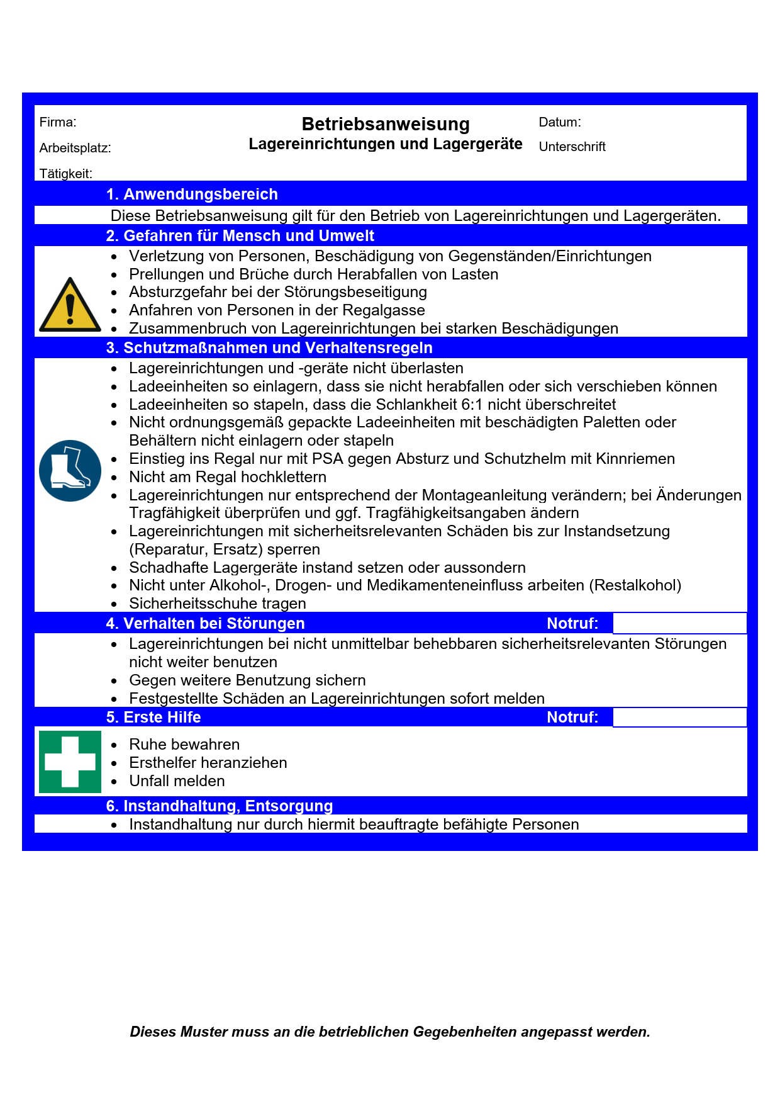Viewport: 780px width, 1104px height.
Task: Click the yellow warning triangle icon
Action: click(x=70, y=306)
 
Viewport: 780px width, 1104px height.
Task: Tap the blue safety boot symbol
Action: click(x=70, y=470)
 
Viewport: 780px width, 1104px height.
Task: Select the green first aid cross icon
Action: click(x=70, y=762)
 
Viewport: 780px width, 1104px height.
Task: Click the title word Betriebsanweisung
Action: click(x=386, y=124)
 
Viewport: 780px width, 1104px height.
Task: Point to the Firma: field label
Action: click(x=58, y=122)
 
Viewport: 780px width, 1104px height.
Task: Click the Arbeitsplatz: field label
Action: click(x=75, y=148)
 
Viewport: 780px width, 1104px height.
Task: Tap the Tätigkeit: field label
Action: click(x=65, y=173)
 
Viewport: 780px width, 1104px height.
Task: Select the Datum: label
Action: click(x=560, y=122)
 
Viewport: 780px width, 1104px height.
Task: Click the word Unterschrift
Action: click(x=572, y=147)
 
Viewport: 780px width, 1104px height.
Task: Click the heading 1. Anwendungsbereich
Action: click(x=192, y=194)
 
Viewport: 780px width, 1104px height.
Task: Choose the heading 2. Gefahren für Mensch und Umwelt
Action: click(x=240, y=236)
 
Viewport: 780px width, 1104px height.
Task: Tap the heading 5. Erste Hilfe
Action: click(x=153, y=718)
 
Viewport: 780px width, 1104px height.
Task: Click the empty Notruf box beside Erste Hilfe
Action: click(x=679, y=718)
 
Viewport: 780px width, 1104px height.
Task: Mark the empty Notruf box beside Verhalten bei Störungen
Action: click(x=679, y=624)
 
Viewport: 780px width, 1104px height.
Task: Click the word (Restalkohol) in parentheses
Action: click(x=635, y=585)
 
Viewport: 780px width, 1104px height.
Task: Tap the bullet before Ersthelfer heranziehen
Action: click(x=114, y=763)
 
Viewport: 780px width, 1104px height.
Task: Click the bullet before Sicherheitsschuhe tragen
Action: click(x=114, y=604)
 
